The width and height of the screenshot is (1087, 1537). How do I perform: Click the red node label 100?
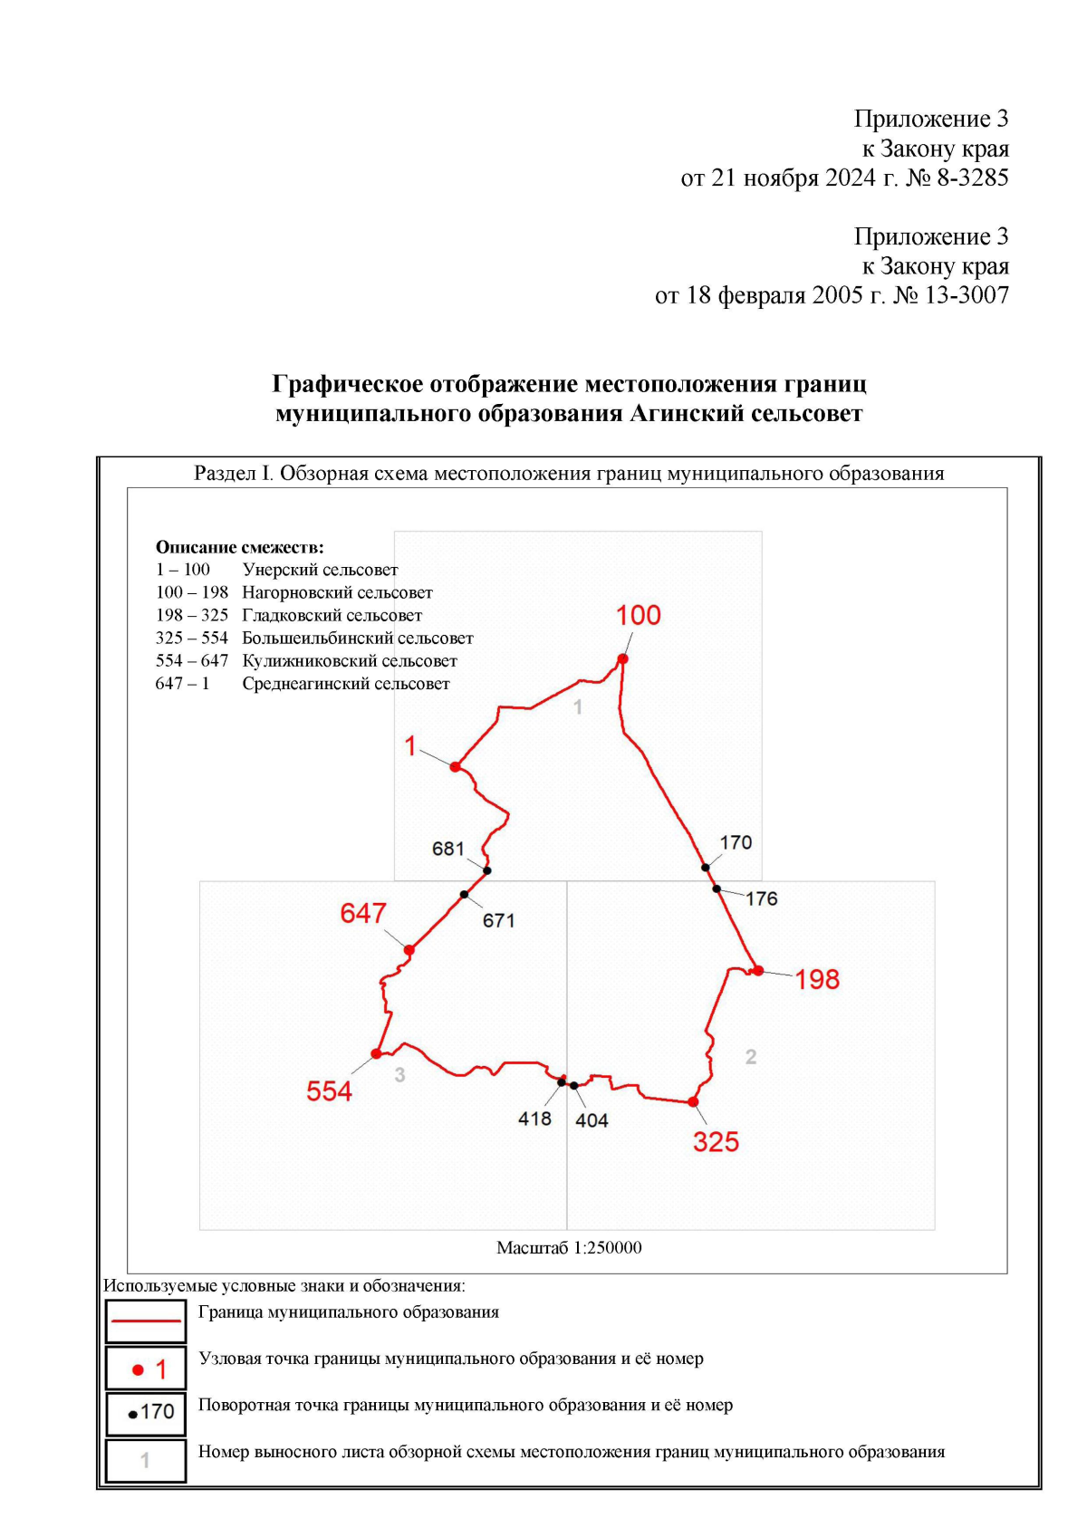pos(639,616)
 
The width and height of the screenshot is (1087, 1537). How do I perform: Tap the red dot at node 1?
pos(456,767)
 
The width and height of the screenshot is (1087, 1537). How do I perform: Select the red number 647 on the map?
pos(363,913)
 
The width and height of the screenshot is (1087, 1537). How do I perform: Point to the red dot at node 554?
pos(377,1053)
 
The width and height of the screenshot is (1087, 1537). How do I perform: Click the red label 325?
pos(716,1142)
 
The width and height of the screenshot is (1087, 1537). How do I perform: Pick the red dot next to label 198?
pos(758,971)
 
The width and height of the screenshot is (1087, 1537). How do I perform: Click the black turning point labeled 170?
pos(706,868)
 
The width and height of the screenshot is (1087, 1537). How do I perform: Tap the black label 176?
pos(762,898)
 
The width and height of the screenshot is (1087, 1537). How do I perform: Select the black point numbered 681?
pos(487,870)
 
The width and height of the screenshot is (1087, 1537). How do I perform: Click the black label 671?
pos(498,921)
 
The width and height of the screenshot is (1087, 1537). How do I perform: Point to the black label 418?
pos(534,1119)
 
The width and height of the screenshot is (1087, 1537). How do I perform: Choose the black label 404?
pos(592,1120)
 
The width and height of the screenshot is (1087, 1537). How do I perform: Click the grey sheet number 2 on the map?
pos(751,1057)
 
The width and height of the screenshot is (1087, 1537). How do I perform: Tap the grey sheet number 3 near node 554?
pos(399,1075)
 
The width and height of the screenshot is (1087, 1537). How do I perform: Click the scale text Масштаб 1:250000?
pos(569,1248)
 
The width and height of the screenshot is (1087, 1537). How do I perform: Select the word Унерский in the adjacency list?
pos(280,570)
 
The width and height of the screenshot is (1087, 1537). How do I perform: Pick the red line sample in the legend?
pos(146,1321)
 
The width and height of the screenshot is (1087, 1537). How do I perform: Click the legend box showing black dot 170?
pos(146,1413)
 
